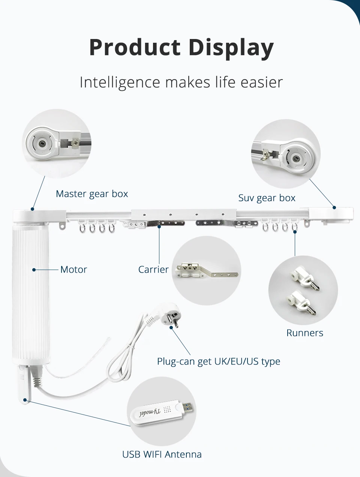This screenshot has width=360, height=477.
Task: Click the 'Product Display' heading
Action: pos(181,48)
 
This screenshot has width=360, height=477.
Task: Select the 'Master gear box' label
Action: pos(92,194)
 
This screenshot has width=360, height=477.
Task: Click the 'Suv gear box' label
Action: pos(267,198)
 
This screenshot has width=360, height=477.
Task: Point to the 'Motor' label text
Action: pos(73,270)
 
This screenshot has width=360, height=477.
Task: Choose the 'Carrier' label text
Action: pos(153,270)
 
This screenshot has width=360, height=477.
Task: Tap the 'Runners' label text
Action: pos(304,333)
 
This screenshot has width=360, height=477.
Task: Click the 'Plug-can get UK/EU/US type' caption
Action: pos(219,361)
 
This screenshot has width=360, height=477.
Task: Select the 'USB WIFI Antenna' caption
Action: pos(162,454)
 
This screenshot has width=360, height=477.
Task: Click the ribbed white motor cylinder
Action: pos(31,292)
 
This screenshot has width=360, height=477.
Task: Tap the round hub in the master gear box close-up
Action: pos(43,144)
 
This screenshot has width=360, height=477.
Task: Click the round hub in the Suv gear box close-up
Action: pos(296,158)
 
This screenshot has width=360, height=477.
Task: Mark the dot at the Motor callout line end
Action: pos(34,270)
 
